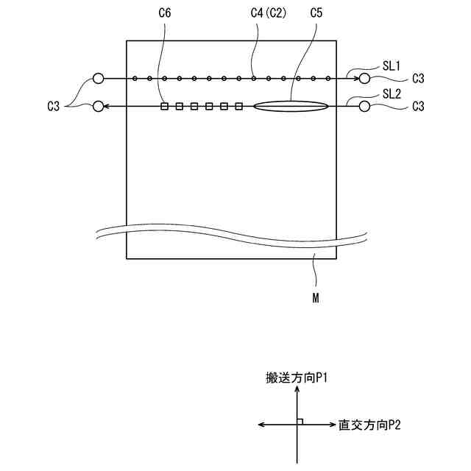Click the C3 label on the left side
[52, 107]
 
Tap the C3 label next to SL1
[418, 78]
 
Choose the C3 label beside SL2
[418, 107]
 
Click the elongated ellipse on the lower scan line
[291, 107]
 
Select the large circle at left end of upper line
[98, 78]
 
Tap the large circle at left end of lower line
[98, 107]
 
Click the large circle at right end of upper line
[364, 78]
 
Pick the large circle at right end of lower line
[364, 107]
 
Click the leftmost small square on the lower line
[164, 107]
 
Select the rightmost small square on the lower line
[238, 107]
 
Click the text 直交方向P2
[369, 425]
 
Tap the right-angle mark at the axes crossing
[300, 421]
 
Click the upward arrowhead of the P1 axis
[297, 390]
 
